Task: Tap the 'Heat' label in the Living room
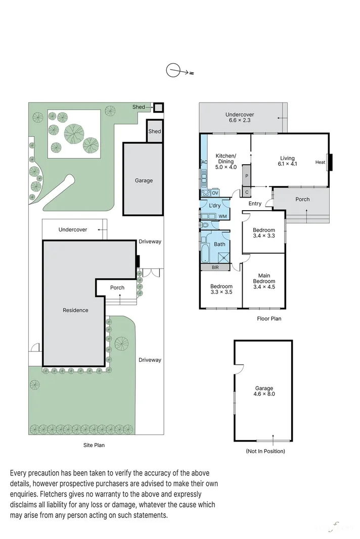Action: pyautogui.click(x=320, y=162)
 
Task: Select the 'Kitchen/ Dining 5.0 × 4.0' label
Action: pyautogui.click(x=226, y=161)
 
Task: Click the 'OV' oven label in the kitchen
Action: pyautogui.click(x=215, y=193)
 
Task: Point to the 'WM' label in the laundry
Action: pyautogui.click(x=222, y=216)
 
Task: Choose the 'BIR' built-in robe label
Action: pyautogui.click(x=215, y=267)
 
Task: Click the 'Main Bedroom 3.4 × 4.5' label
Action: pyautogui.click(x=264, y=281)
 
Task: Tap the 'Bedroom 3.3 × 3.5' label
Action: pyautogui.click(x=221, y=289)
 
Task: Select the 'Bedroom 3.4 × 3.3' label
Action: pyautogui.click(x=264, y=233)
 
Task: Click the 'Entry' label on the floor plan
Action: pyautogui.click(x=255, y=204)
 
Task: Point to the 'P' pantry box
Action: pyautogui.click(x=247, y=176)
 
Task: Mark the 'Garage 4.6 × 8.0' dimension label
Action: pyautogui.click(x=264, y=391)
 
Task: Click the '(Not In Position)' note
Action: pyautogui.click(x=265, y=451)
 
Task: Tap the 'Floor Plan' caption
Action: pyautogui.click(x=269, y=319)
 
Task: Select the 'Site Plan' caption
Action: pyautogui.click(x=94, y=445)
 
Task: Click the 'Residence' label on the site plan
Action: pyautogui.click(x=75, y=310)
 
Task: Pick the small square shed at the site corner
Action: pyautogui.click(x=159, y=107)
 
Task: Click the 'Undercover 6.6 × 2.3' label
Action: pyautogui.click(x=239, y=118)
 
